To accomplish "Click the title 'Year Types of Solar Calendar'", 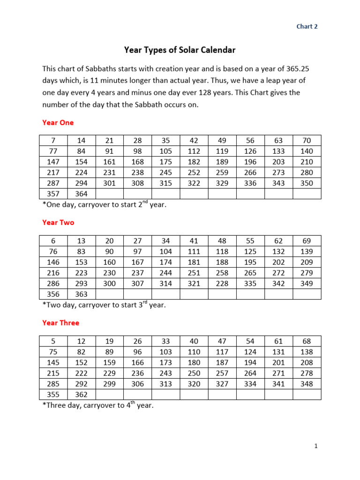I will click(x=180, y=49).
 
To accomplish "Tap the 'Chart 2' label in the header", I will click(x=307, y=27).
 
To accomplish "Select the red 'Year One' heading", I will click(x=58, y=122).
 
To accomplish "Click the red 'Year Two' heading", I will click(x=58, y=223).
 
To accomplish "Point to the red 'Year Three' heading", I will click(x=60, y=323).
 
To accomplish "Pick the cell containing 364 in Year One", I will click(x=81, y=194).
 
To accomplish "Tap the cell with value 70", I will click(x=307, y=140).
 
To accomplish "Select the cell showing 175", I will click(x=165, y=162).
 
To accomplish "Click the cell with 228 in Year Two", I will click(x=222, y=283).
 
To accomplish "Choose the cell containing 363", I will click(x=81, y=294).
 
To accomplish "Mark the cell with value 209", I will click(x=307, y=262).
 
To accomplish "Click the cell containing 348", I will click(x=307, y=384).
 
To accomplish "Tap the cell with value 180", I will click(x=194, y=362).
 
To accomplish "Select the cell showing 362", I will click(x=81, y=395).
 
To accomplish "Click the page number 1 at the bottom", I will click(x=316, y=447).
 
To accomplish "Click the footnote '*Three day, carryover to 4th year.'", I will click(x=97, y=405).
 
